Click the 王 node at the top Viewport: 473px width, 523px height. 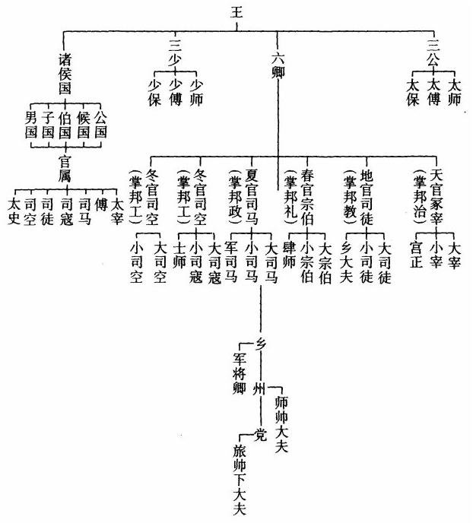tap(236, 13)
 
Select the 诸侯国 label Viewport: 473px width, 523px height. tap(65, 74)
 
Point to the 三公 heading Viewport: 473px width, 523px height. tap(433, 53)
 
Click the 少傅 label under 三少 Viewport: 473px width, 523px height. tap(176, 93)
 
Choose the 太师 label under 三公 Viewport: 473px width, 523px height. tap(454, 93)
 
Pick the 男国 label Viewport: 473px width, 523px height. tap(31, 125)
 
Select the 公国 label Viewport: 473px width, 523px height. tap(100, 125)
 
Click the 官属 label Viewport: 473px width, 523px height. tap(65, 169)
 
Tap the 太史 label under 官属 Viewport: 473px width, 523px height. tap(14, 211)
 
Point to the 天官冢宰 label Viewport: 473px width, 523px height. tap(436, 196)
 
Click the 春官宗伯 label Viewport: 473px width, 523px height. tap(307, 197)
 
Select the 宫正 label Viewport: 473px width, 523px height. tap(417, 255)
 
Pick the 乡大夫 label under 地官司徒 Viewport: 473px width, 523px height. tap(347, 262)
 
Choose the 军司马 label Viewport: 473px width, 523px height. tap(231, 262)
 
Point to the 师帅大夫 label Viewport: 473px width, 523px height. tap(281, 424)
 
